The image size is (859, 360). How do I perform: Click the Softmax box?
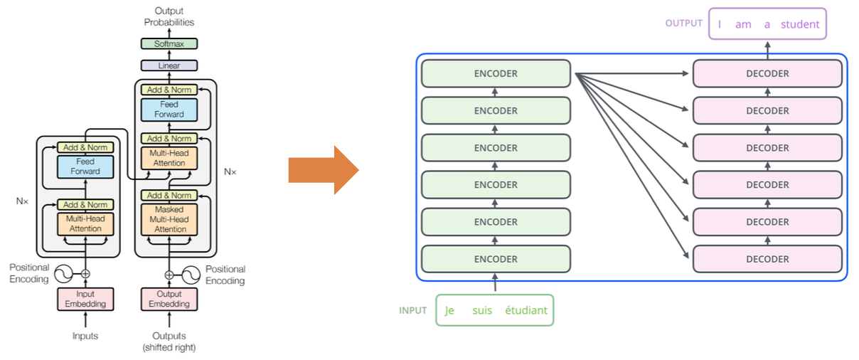pyautogui.click(x=169, y=43)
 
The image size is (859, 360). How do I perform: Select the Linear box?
pyautogui.click(x=169, y=65)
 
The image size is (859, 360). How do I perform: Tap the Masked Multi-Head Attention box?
pyautogui.click(x=170, y=219)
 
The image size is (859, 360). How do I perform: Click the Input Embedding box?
pyautogui.click(x=85, y=299)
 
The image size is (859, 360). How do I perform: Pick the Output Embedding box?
pyautogui.click(x=169, y=299)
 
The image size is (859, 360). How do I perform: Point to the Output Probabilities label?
pyautogui.click(x=169, y=16)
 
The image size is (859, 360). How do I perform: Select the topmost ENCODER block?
pyautogui.click(x=496, y=73)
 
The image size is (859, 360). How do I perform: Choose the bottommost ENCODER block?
pyautogui.click(x=496, y=259)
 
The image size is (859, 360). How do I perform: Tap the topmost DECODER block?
pyautogui.click(x=767, y=73)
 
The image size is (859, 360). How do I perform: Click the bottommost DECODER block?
pyautogui.click(x=767, y=259)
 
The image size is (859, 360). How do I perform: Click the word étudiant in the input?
pyautogui.click(x=526, y=310)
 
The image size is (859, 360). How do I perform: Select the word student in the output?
pyautogui.click(x=800, y=24)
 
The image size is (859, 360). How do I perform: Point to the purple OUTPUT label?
pyautogui.click(x=684, y=23)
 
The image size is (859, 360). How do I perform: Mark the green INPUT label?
pyautogui.click(x=413, y=310)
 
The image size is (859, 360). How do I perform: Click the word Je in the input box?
pyautogui.click(x=449, y=310)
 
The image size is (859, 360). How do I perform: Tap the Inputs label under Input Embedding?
pyautogui.click(x=85, y=335)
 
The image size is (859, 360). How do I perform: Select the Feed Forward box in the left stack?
pyautogui.click(x=85, y=166)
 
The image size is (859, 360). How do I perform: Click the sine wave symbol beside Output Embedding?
pyautogui.click(x=191, y=275)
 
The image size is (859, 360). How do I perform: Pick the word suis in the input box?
pyautogui.click(x=481, y=310)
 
